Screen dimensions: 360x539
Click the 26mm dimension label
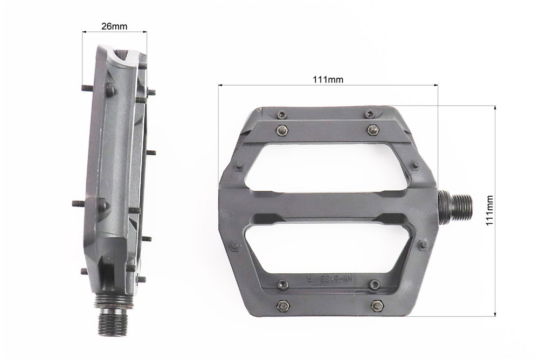(x=114, y=26)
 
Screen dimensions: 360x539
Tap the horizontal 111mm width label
(x=328, y=80)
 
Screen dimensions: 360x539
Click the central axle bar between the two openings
(x=329, y=206)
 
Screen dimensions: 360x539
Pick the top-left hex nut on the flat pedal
(x=281, y=130)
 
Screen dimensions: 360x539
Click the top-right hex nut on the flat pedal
(x=372, y=130)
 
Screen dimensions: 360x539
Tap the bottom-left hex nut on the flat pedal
(x=281, y=306)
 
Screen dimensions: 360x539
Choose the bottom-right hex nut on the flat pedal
(x=377, y=306)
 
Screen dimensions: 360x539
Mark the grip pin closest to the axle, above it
(x=416, y=165)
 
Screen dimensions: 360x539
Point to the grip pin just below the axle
(x=424, y=245)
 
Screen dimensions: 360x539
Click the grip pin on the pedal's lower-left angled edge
(x=234, y=246)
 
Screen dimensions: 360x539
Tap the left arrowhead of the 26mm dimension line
(x=84, y=32)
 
